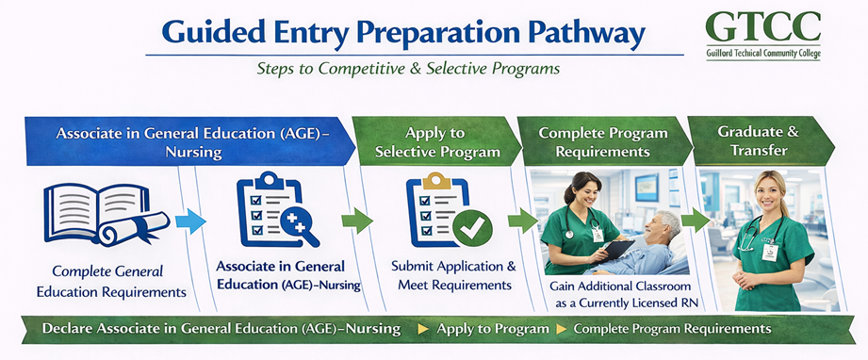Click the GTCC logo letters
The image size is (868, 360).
click(x=763, y=26)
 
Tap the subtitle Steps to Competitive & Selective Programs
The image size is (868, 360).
click(x=408, y=68)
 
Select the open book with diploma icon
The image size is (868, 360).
click(x=106, y=214)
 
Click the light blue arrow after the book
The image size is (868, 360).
click(x=190, y=221)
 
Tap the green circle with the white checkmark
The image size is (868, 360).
click(x=472, y=228)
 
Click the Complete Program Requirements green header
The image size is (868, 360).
click(x=604, y=141)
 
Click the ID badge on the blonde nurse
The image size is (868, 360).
click(x=769, y=252)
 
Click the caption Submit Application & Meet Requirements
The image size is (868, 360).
click(x=453, y=275)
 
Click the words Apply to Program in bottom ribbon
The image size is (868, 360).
click(x=493, y=329)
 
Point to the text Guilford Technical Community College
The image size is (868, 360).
click(x=763, y=55)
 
